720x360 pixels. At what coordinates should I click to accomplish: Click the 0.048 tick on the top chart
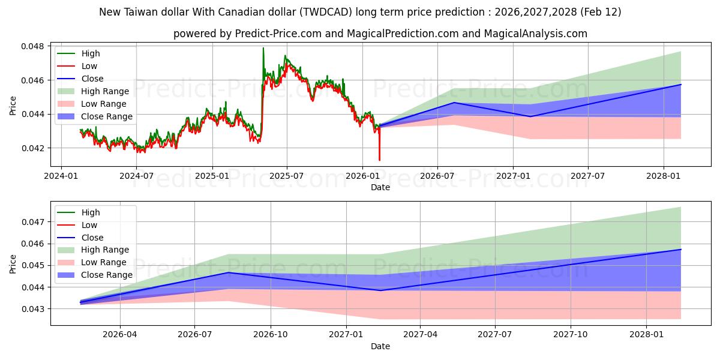(x=35, y=46)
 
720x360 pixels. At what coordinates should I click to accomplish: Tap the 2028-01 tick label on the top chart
(x=664, y=175)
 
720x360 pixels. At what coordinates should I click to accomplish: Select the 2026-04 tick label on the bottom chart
(x=120, y=334)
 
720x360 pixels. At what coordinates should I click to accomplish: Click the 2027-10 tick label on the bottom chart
(x=571, y=334)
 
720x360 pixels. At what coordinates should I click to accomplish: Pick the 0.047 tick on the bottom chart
(x=35, y=222)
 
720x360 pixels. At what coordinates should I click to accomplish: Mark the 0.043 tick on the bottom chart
(x=35, y=309)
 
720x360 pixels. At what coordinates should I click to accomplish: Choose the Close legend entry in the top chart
(x=92, y=79)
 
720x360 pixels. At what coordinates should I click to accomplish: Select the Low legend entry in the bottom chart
(x=89, y=225)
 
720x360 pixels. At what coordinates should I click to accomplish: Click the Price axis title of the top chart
(x=13, y=105)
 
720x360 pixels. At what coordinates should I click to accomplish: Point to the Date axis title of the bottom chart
(x=380, y=346)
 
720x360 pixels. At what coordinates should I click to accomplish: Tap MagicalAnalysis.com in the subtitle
(x=538, y=34)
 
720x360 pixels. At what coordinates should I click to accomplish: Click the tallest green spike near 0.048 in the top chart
(x=263, y=48)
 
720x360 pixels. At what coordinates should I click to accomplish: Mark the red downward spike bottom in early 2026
(x=379, y=160)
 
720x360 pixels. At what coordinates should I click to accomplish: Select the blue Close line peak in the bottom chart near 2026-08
(x=229, y=272)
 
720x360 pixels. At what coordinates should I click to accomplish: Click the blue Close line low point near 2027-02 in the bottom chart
(x=380, y=290)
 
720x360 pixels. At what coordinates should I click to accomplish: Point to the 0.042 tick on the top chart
(x=35, y=148)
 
